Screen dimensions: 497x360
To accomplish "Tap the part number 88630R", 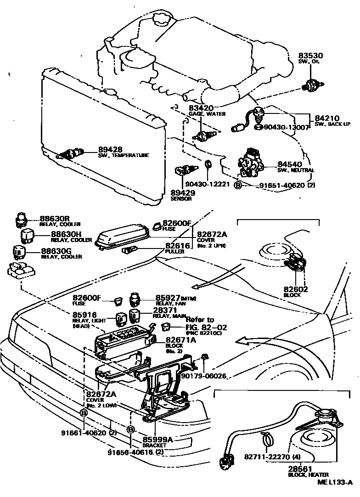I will point(55,219).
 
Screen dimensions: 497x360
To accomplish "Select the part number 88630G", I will point(55,251).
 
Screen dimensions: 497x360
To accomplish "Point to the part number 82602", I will point(296,289).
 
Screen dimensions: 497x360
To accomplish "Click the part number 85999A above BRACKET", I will point(157,439).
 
